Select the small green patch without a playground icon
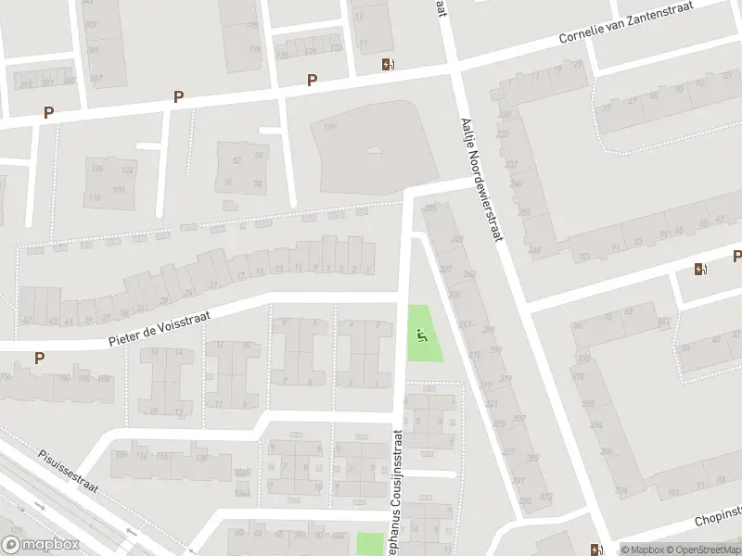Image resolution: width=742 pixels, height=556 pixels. click(x=370, y=544)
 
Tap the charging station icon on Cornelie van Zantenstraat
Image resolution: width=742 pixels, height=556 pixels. click(x=387, y=64)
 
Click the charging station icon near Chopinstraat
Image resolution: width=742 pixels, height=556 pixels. click(x=595, y=548)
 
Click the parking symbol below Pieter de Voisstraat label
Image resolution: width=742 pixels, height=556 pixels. click(x=40, y=358)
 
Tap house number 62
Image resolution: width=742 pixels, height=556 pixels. click(x=237, y=160)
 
